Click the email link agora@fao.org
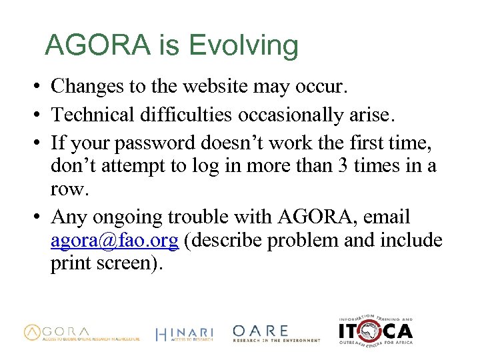point(115,241)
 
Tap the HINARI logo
point(184,334)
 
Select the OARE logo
point(276,333)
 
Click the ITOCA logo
point(375,330)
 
